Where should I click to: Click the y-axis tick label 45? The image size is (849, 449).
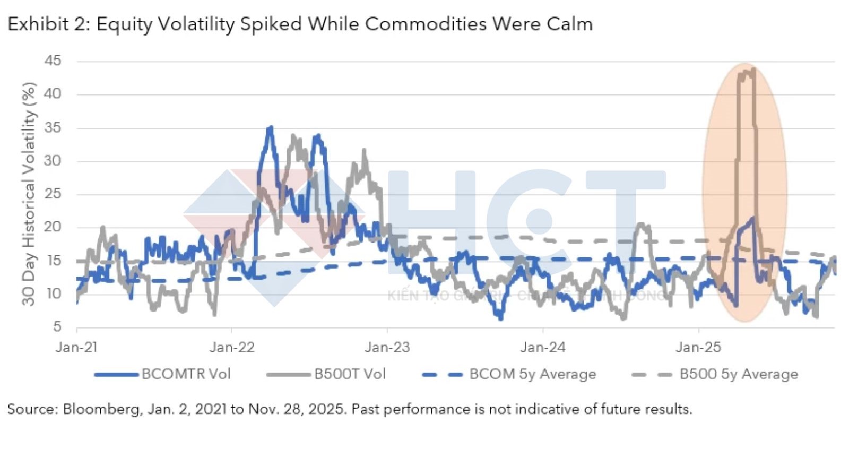coord(53,61)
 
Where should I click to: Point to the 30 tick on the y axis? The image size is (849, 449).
coord(53,160)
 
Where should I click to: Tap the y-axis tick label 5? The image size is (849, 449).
coord(57,326)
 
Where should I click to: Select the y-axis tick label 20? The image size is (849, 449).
coord(53,227)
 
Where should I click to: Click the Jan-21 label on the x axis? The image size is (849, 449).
coord(77,347)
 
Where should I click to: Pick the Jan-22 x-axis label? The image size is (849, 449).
coord(232,347)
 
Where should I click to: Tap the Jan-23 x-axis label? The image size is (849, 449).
coord(387,347)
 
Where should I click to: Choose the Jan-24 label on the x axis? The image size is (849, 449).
coord(543,347)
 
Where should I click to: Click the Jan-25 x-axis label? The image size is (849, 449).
coord(698,347)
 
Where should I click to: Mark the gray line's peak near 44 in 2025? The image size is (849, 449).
coord(753,69)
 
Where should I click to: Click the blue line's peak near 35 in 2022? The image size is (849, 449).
coord(271,127)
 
